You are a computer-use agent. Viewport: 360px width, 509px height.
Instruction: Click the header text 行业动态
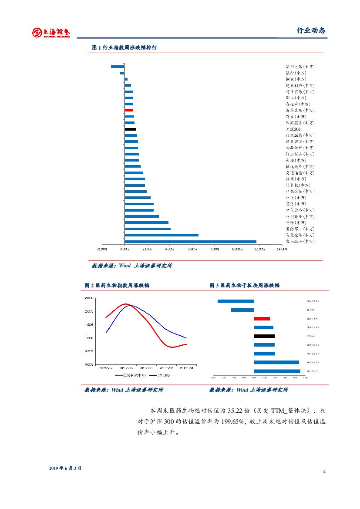point(311,30)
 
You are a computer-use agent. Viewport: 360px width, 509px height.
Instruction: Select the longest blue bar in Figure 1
point(190,241)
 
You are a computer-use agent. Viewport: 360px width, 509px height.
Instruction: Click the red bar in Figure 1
point(129,110)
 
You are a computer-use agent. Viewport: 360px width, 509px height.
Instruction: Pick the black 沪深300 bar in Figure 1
point(130,129)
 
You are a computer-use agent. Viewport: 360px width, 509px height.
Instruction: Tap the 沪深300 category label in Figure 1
point(293,129)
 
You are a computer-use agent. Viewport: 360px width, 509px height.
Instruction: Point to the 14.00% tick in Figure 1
point(282,249)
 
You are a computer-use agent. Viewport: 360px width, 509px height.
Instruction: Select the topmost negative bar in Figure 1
point(118,67)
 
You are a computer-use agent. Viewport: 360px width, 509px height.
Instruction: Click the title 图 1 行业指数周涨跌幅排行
point(124,47)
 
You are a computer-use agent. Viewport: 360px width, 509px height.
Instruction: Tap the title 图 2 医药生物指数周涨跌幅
point(117,285)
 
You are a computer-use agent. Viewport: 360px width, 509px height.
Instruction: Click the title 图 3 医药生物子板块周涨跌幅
point(244,285)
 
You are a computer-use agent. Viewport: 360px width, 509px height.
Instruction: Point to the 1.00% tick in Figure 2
point(89,338)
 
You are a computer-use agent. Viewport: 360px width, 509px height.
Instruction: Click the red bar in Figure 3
point(262,319)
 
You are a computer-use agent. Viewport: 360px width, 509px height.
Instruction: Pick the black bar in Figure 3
point(264,336)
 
